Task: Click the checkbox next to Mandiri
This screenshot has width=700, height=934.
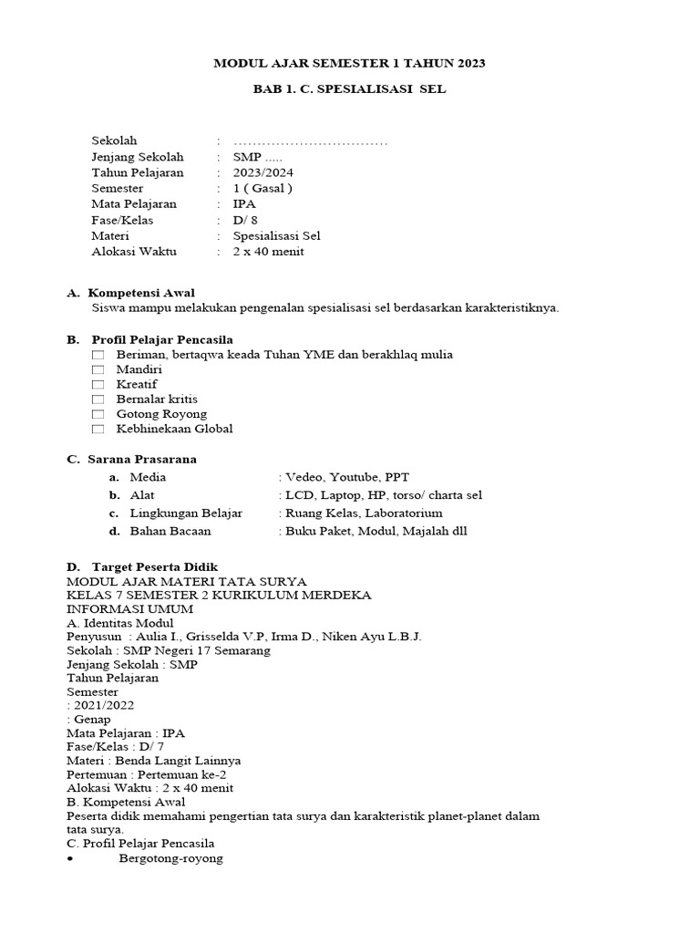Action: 98,369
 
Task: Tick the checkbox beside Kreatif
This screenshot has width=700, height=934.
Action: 98,385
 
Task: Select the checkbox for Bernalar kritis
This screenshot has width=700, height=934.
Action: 98,400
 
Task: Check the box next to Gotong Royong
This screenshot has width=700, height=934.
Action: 98,414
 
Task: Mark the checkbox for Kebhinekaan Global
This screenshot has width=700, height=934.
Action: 98,429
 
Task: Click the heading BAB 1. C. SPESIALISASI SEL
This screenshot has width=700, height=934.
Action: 349,89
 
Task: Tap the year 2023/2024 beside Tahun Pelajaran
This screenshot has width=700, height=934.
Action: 263,172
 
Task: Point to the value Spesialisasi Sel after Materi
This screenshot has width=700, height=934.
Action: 277,235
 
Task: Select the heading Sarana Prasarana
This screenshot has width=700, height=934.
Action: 142,459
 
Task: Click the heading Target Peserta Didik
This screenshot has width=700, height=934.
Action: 155,567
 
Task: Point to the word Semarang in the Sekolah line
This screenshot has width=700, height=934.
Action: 241,650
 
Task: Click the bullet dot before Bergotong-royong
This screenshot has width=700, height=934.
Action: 71,859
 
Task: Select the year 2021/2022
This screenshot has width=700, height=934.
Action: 102,705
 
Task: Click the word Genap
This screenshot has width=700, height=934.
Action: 93,719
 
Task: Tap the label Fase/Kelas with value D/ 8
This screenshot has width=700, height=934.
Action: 122,220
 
